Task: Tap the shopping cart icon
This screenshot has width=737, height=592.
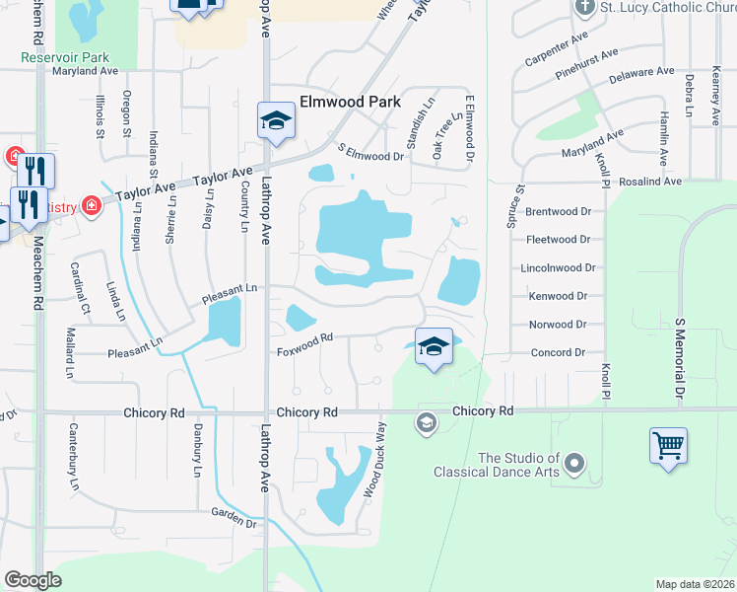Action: click(668, 445)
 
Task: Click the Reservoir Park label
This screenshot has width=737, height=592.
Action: click(66, 57)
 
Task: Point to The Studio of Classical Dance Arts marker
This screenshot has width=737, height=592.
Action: click(576, 462)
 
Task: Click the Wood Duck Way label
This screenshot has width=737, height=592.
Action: click(372, 460)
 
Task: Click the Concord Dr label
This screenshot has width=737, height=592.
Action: click(559, 352)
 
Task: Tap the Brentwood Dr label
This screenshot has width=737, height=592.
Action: click(558, 211)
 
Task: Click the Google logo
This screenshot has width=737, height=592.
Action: click(33, 579)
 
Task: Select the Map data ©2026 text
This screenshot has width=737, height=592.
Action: click(695, 583)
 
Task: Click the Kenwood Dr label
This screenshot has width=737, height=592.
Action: click(558, 296)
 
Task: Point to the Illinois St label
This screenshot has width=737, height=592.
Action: click(100, 113)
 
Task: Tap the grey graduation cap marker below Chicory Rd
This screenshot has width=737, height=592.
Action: click(427, 423)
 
